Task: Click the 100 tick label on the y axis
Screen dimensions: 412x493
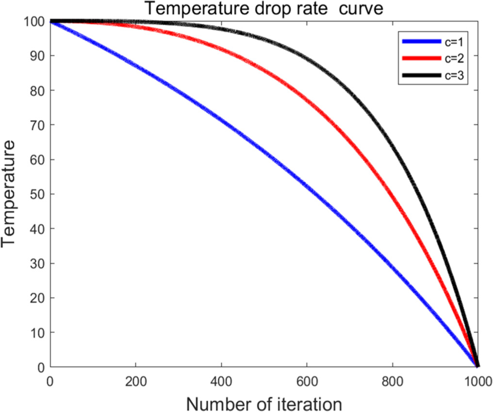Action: [x=35, y=21]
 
